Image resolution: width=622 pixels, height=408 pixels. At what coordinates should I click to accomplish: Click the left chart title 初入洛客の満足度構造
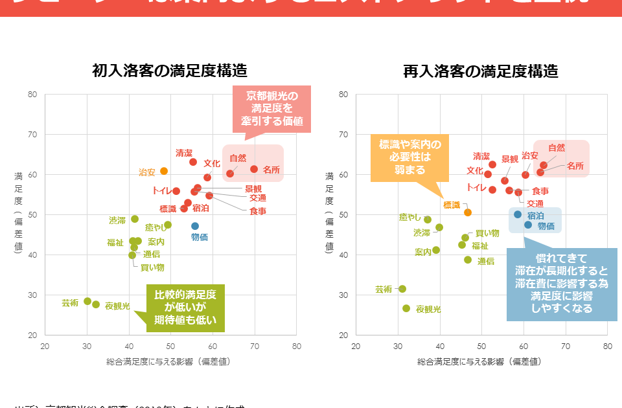coord(170,71)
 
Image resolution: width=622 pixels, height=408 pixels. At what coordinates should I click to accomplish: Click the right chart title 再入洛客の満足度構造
coord(481,71)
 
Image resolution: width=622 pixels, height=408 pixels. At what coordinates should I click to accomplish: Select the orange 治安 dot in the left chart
coord(164,171)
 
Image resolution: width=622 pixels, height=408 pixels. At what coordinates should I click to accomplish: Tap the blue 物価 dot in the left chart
coord(195,226)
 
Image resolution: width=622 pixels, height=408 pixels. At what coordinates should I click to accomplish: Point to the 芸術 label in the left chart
coord(70,302)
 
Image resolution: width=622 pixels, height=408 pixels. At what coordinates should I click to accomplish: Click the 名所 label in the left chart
coord(271,170)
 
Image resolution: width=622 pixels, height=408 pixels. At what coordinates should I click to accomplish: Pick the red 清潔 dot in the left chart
coord(193,162)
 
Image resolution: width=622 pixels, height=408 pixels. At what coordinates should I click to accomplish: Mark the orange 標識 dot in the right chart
coord(468,212)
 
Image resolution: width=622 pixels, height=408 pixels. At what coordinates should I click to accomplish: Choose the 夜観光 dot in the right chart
coord(406,308)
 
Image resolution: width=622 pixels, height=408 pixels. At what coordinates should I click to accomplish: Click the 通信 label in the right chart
coord(486,262)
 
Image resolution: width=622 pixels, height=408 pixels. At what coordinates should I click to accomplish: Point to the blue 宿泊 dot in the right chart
coord(518,214)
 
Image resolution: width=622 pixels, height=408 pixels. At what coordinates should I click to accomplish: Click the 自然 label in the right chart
coord(557,148)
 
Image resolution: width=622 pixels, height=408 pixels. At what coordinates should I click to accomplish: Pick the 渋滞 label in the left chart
coord(117,220)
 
